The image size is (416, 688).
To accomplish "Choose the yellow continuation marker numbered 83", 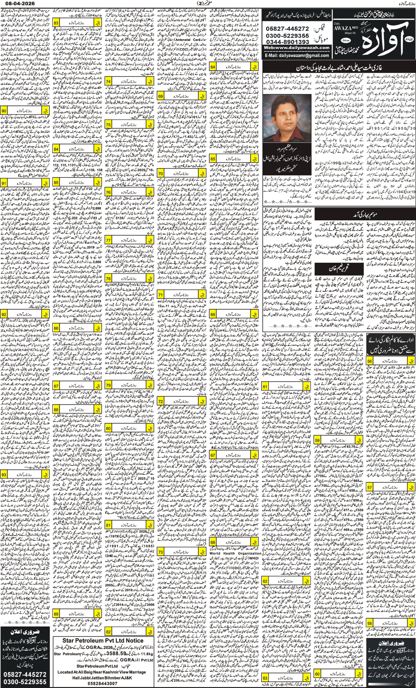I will [x=57, y=23].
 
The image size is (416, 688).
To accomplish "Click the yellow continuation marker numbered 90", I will [x=4, y=110].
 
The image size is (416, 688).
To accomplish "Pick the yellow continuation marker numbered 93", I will [x=4, y=475].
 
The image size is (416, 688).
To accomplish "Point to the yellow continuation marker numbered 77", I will [x=109, y=240].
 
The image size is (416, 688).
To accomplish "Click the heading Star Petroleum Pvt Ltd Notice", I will [x=102, y=640].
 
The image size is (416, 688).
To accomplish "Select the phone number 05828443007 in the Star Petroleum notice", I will [x=102, y=683].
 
